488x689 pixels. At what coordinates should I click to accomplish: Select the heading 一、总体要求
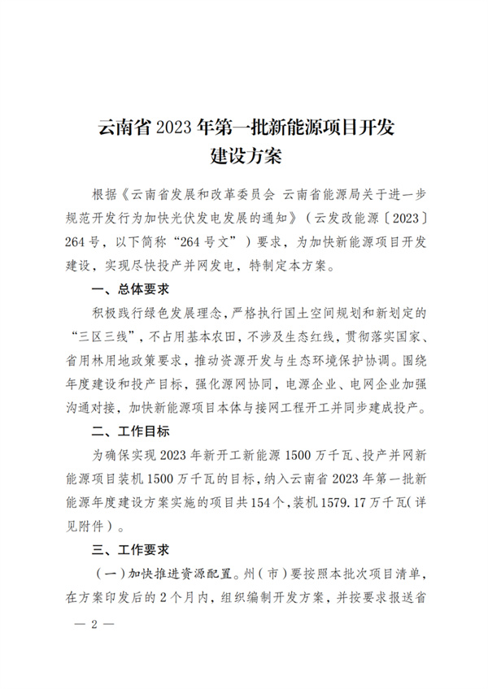click(132, 288)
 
